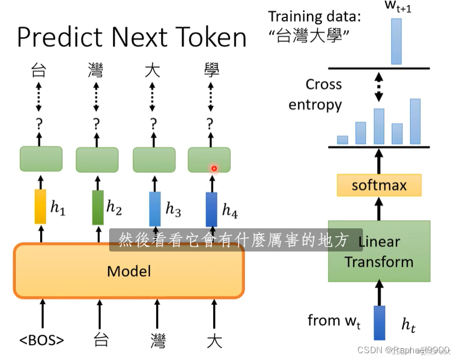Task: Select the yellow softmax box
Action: (379, 185)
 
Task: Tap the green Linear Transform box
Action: (379, 251)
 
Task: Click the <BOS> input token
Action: (41, 340)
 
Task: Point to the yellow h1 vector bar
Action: (40, 207)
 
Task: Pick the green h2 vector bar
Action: (97, 208)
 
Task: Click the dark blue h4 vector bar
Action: (211, 209)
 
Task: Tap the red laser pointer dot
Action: (214, 168)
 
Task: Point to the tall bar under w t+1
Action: (396, 42)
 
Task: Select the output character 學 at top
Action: (211, 71)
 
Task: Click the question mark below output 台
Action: (39, 123)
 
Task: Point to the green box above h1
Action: (41, 158)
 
